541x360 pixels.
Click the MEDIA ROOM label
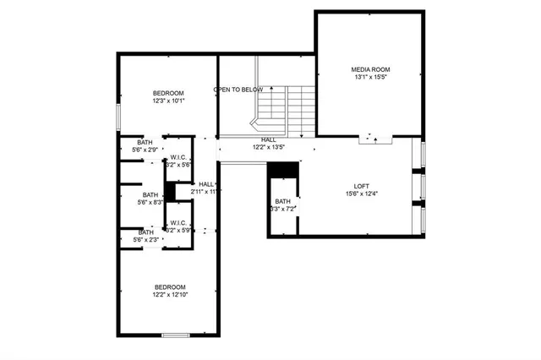[371, 69]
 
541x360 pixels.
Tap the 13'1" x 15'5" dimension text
[371, 78]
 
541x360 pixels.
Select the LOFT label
[362, 187]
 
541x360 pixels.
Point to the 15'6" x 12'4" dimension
[362, 195]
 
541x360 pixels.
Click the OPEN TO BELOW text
[238, 90]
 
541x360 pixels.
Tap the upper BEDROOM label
[168, 93]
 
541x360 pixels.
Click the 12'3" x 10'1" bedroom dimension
[168, 101]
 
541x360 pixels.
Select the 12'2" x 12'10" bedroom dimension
[169, 295]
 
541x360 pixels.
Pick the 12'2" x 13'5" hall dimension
[269, 148]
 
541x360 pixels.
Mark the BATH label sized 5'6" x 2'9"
[145, 142]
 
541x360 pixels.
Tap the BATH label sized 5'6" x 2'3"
[145, 232]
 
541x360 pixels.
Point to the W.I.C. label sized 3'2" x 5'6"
[178, 157]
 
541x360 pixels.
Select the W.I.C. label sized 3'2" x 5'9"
[178, 222]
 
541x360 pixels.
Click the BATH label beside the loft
[282, 201]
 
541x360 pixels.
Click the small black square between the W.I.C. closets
[170, 192]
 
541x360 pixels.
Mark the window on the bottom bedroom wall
[175, 335]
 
